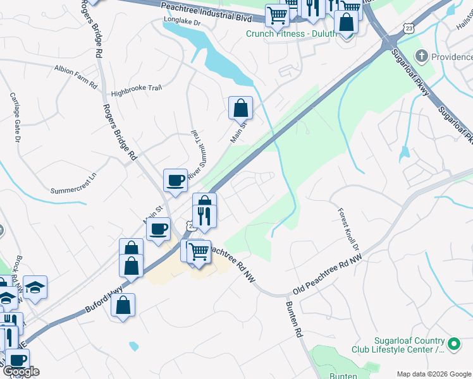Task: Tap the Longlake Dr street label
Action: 181,21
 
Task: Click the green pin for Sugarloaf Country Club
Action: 453,344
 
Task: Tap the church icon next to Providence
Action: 422,56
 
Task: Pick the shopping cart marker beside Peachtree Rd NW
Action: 199,252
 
